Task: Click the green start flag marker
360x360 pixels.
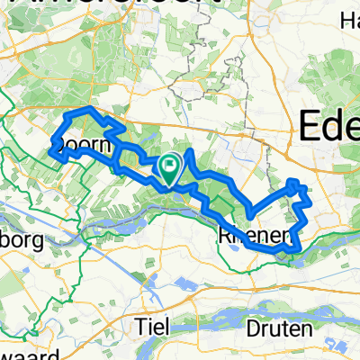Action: point(170,166)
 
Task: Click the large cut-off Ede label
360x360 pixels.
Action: point(328,126)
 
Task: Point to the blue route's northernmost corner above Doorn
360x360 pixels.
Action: point(88,108)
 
